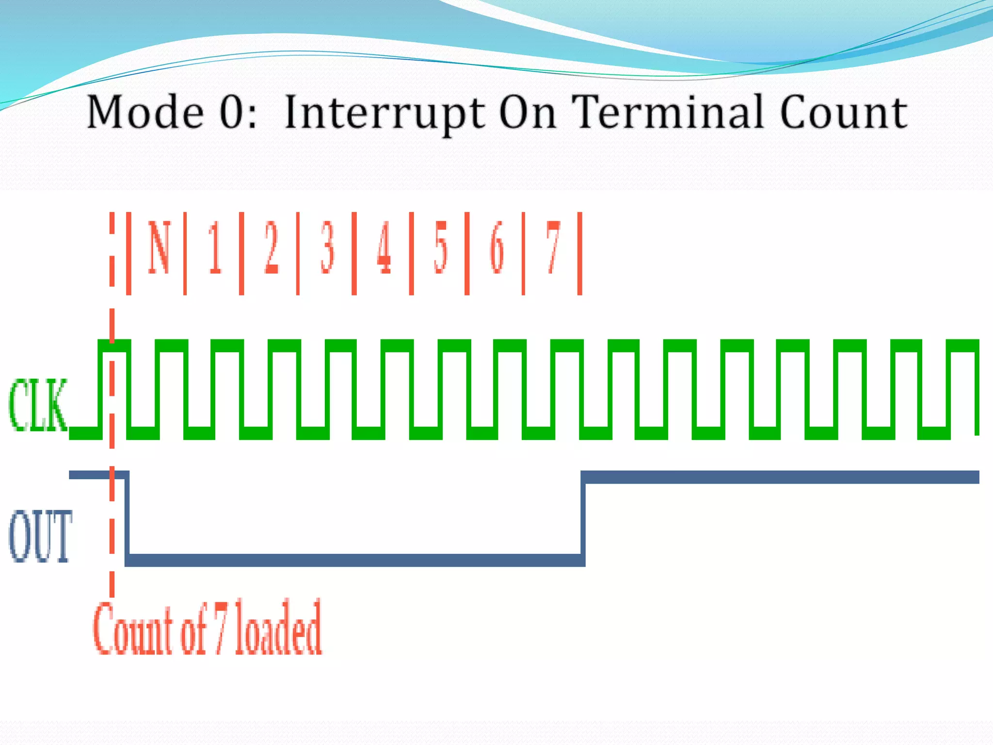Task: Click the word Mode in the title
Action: coord(145,112)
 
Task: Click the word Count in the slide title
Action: coord(843,112)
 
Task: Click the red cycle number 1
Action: coord(215,247)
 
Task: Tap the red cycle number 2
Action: coord(272,247)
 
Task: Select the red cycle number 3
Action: coord(328,247)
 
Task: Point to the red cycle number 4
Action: coord(384,247)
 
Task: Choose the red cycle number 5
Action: coord(440,247)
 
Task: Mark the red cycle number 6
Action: coord(497,247)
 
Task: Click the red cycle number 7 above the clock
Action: coord(553,247)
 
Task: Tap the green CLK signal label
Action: coord(38,405)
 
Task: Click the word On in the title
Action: coord(528,112)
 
